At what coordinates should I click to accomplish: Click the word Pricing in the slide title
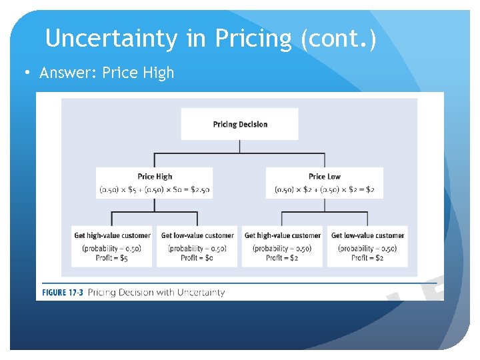pyautogui.click(x=253, y=39)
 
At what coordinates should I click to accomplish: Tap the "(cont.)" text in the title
pyautogui.click(x=338, y=39)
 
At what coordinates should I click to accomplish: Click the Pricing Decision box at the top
pyautogui.click(x=239, y=124)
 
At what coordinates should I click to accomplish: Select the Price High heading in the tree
pyautogui.click(x=155, y=177)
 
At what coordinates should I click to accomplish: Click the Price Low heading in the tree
pyautogui.click(x=325, y=177)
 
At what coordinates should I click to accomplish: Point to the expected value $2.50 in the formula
pyautogui.click(x=197, y=190)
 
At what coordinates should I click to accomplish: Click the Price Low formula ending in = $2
pyautogui.click(x=325, y=190)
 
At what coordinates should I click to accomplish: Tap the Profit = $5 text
pyautogui.click(x=111, y=258)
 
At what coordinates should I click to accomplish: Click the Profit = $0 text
pyautogui.click(x=197, y=258)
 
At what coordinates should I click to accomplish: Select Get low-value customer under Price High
pyautogui.click(x=197, y=235)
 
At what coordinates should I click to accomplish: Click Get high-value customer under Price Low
pyautogui.click(x=282, y=235)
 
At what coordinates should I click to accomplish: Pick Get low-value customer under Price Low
pyautogui.click(x=367, y=235)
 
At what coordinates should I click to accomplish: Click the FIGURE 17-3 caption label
pyautogui.click(x=63, y=292)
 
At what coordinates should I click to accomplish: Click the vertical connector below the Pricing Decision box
pyautogui.click(x=239, y=147)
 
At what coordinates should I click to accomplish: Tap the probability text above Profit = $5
pyautogui.click(x=111, y=248)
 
